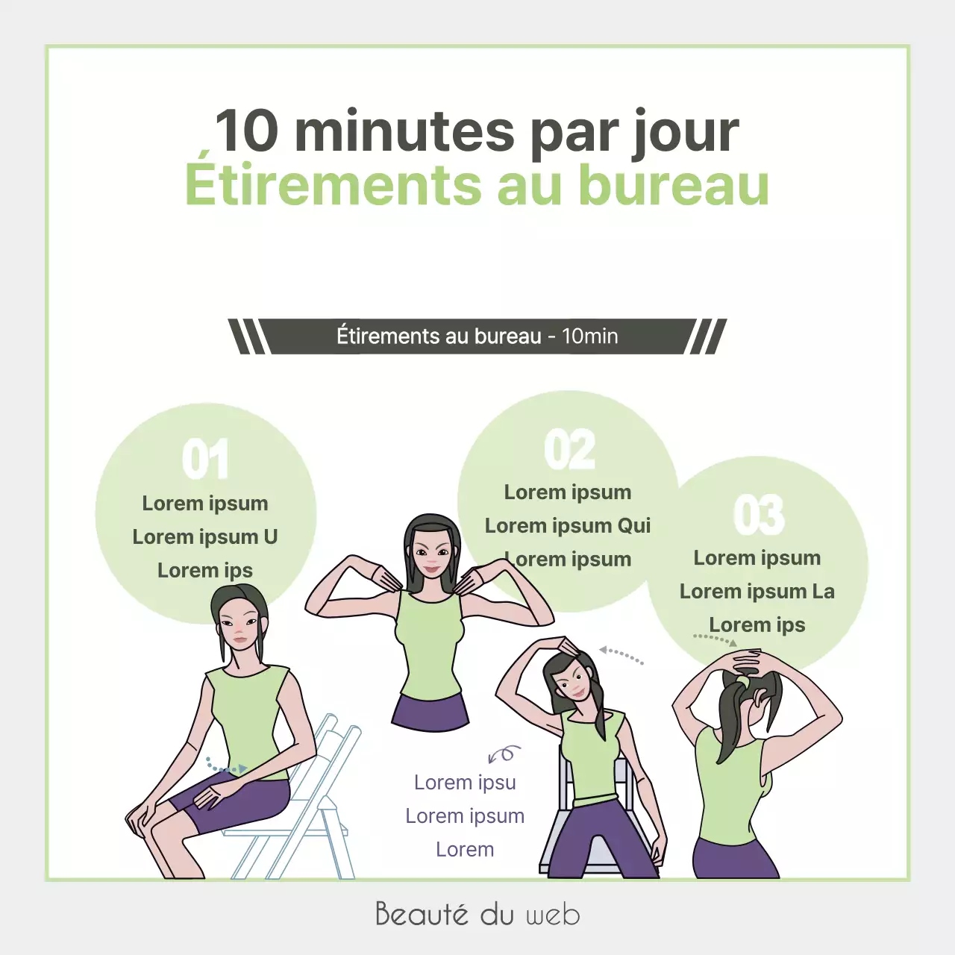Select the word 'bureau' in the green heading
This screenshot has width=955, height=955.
[674, 185]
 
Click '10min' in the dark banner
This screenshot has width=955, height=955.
[589, 336]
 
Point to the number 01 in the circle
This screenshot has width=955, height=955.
[205, 460]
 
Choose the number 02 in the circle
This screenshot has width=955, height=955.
[569, 450]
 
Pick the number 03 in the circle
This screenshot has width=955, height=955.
[759, 515]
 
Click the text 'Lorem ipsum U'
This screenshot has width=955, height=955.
[205, 537]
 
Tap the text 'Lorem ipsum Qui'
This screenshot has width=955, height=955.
[568, 526]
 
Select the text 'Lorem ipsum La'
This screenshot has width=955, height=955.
[757, 592]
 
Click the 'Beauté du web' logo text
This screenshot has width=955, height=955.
[477, 914]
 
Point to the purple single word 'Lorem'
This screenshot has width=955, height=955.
[465, 850]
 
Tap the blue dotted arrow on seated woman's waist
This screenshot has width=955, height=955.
[226, 765]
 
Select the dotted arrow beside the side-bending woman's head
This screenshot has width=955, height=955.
[621, 655]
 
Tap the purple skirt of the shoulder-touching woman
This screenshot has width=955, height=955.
[430, 713]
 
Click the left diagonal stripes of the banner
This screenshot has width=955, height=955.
[248, 336]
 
